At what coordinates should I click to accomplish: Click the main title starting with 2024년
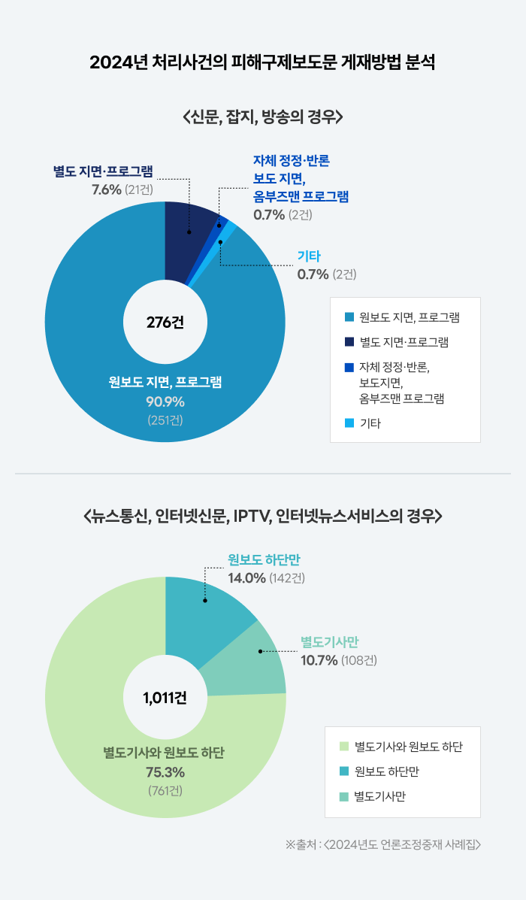pos(262,62)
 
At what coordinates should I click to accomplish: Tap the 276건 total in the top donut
pos(165,323)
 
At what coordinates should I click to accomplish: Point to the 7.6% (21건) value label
pos(122,189)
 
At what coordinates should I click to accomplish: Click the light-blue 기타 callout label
pos(309,256)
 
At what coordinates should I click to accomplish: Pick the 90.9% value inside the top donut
pos(165,401)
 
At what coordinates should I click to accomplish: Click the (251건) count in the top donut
pos(165,419)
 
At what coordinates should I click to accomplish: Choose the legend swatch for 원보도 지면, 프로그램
pos(349,317)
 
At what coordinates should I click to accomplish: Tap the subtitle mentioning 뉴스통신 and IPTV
pos(262,517)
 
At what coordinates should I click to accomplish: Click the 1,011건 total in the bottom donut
pos(165,697)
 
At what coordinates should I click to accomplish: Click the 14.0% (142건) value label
pos(266,578)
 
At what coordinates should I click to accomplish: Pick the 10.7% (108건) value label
pos(338,661)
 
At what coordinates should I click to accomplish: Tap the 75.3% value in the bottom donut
pos(165,772)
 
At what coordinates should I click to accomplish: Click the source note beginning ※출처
pos(382,844)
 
